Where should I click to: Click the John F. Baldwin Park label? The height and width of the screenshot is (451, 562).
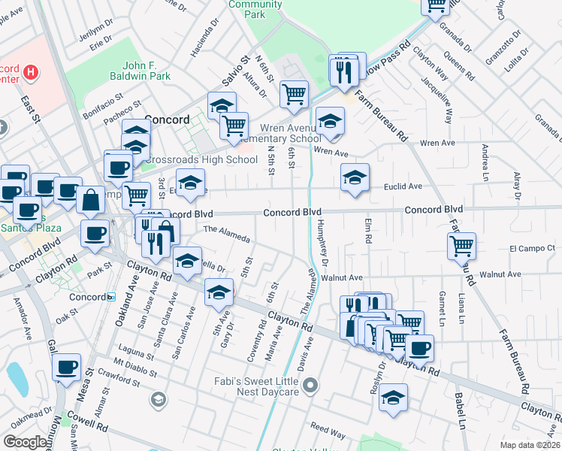point(136,71)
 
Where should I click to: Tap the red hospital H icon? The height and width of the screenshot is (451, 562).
point(31,72)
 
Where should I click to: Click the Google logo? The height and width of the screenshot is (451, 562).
point(26,442)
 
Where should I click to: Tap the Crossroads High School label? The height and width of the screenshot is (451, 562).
point(201,159)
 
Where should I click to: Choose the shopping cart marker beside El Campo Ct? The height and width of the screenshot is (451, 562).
point(461,245)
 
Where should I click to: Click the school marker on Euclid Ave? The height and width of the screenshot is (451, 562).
point(355,177)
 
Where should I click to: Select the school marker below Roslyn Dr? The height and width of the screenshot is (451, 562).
point(393,398)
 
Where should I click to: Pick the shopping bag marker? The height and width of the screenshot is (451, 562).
point(90,200)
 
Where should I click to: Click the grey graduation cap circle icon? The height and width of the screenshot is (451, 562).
point(159,400)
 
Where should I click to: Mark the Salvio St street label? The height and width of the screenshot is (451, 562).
point(244,69)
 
